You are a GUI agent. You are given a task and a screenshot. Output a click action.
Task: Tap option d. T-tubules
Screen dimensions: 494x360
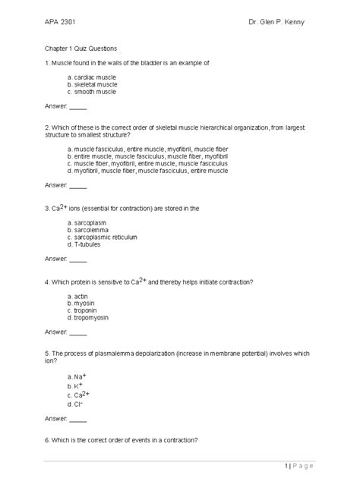(84, 244)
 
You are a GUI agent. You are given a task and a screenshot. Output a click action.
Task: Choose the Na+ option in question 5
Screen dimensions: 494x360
(77, 376)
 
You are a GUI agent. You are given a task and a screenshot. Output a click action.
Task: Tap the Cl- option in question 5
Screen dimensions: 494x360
(76, 404)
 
